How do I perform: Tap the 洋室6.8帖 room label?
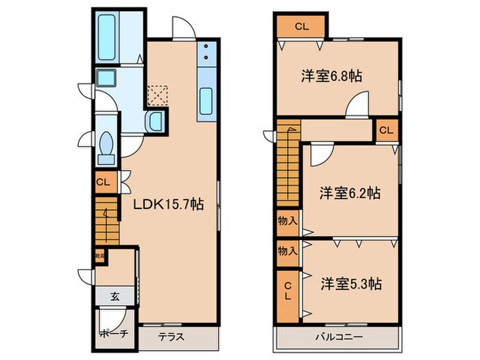[331, 77]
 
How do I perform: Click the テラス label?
[170, 337]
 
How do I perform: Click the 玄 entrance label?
[115, 296]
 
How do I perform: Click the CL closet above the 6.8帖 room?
[301, 27]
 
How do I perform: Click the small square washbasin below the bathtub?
[106, 77]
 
